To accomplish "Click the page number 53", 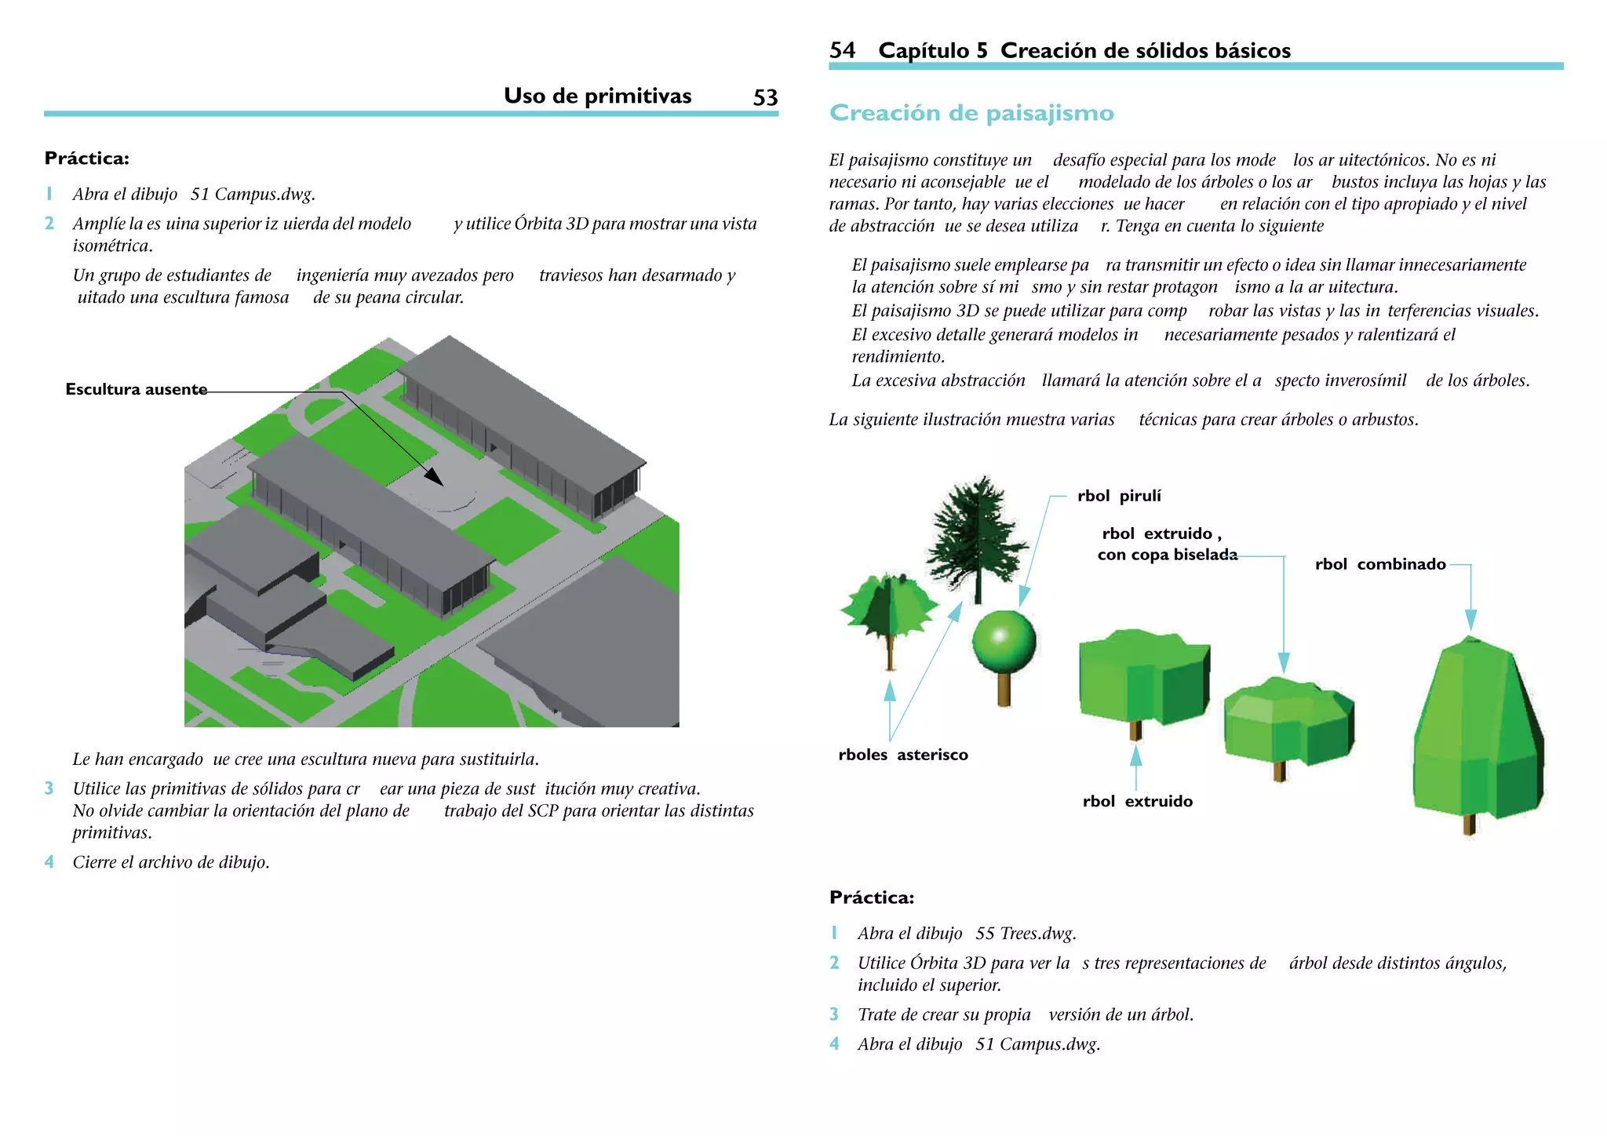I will tap(765, 97).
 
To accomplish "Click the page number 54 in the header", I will tap(842, 51).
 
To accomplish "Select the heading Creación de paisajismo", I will tap(971, 113).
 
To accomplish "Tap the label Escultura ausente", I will tap(137, 389).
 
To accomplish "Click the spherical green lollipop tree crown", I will tap(1004, 641).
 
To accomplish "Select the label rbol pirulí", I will tap(1119, 496).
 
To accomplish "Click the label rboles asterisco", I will tap(903, 755).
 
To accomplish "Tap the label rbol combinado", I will tap(1380, 564).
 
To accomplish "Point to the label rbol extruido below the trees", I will tap(1137, 801).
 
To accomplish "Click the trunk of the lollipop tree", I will tap(1004, 688).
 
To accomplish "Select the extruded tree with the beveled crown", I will tap(1288, 720).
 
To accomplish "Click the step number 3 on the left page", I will tap(49, 788).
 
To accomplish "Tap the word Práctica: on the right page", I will tap(872, 898).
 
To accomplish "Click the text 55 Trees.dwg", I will tap(1026, 934).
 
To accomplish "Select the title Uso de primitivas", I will tap(597, 96).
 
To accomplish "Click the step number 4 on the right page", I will tap(834, 1044).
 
